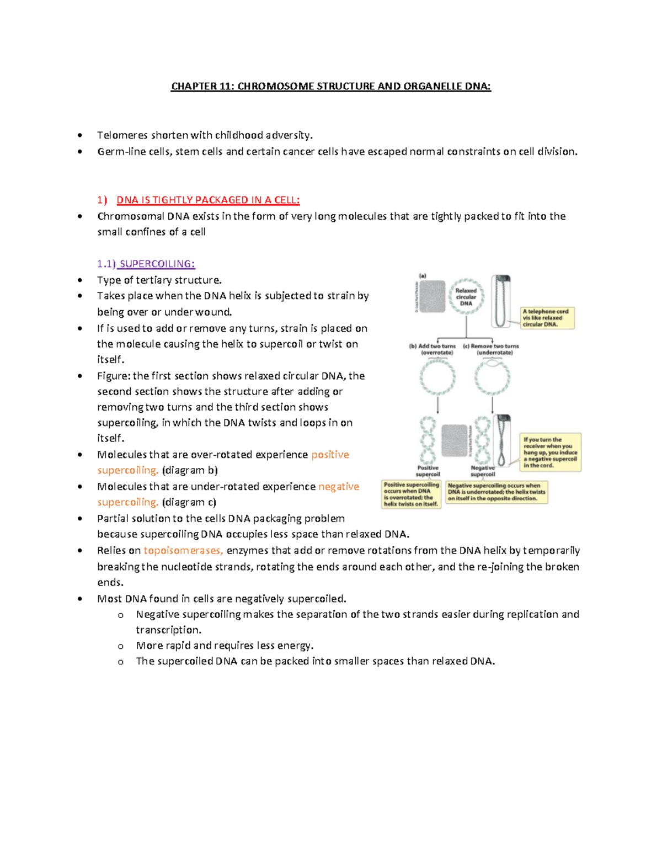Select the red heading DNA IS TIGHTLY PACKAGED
click(x=208, y=200)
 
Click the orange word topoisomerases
click(x=183, y=550)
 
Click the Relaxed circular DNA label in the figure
click(x=466, y=297)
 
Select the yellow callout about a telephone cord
click(x=548, y=318)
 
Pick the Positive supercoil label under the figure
click(x=428, y=471)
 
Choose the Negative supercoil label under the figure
click(x=483, y=471)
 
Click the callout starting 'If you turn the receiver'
click(x=551, y=453)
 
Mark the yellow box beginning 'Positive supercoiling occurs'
click(x=412, y=494)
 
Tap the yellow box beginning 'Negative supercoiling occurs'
click(x=496, y=492)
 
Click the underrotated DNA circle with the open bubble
click(x=492, y=377)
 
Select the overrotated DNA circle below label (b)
click(x=437, y=378)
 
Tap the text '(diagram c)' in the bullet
click(x=189, y=502)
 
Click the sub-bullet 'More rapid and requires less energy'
click(x=225, y=646)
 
